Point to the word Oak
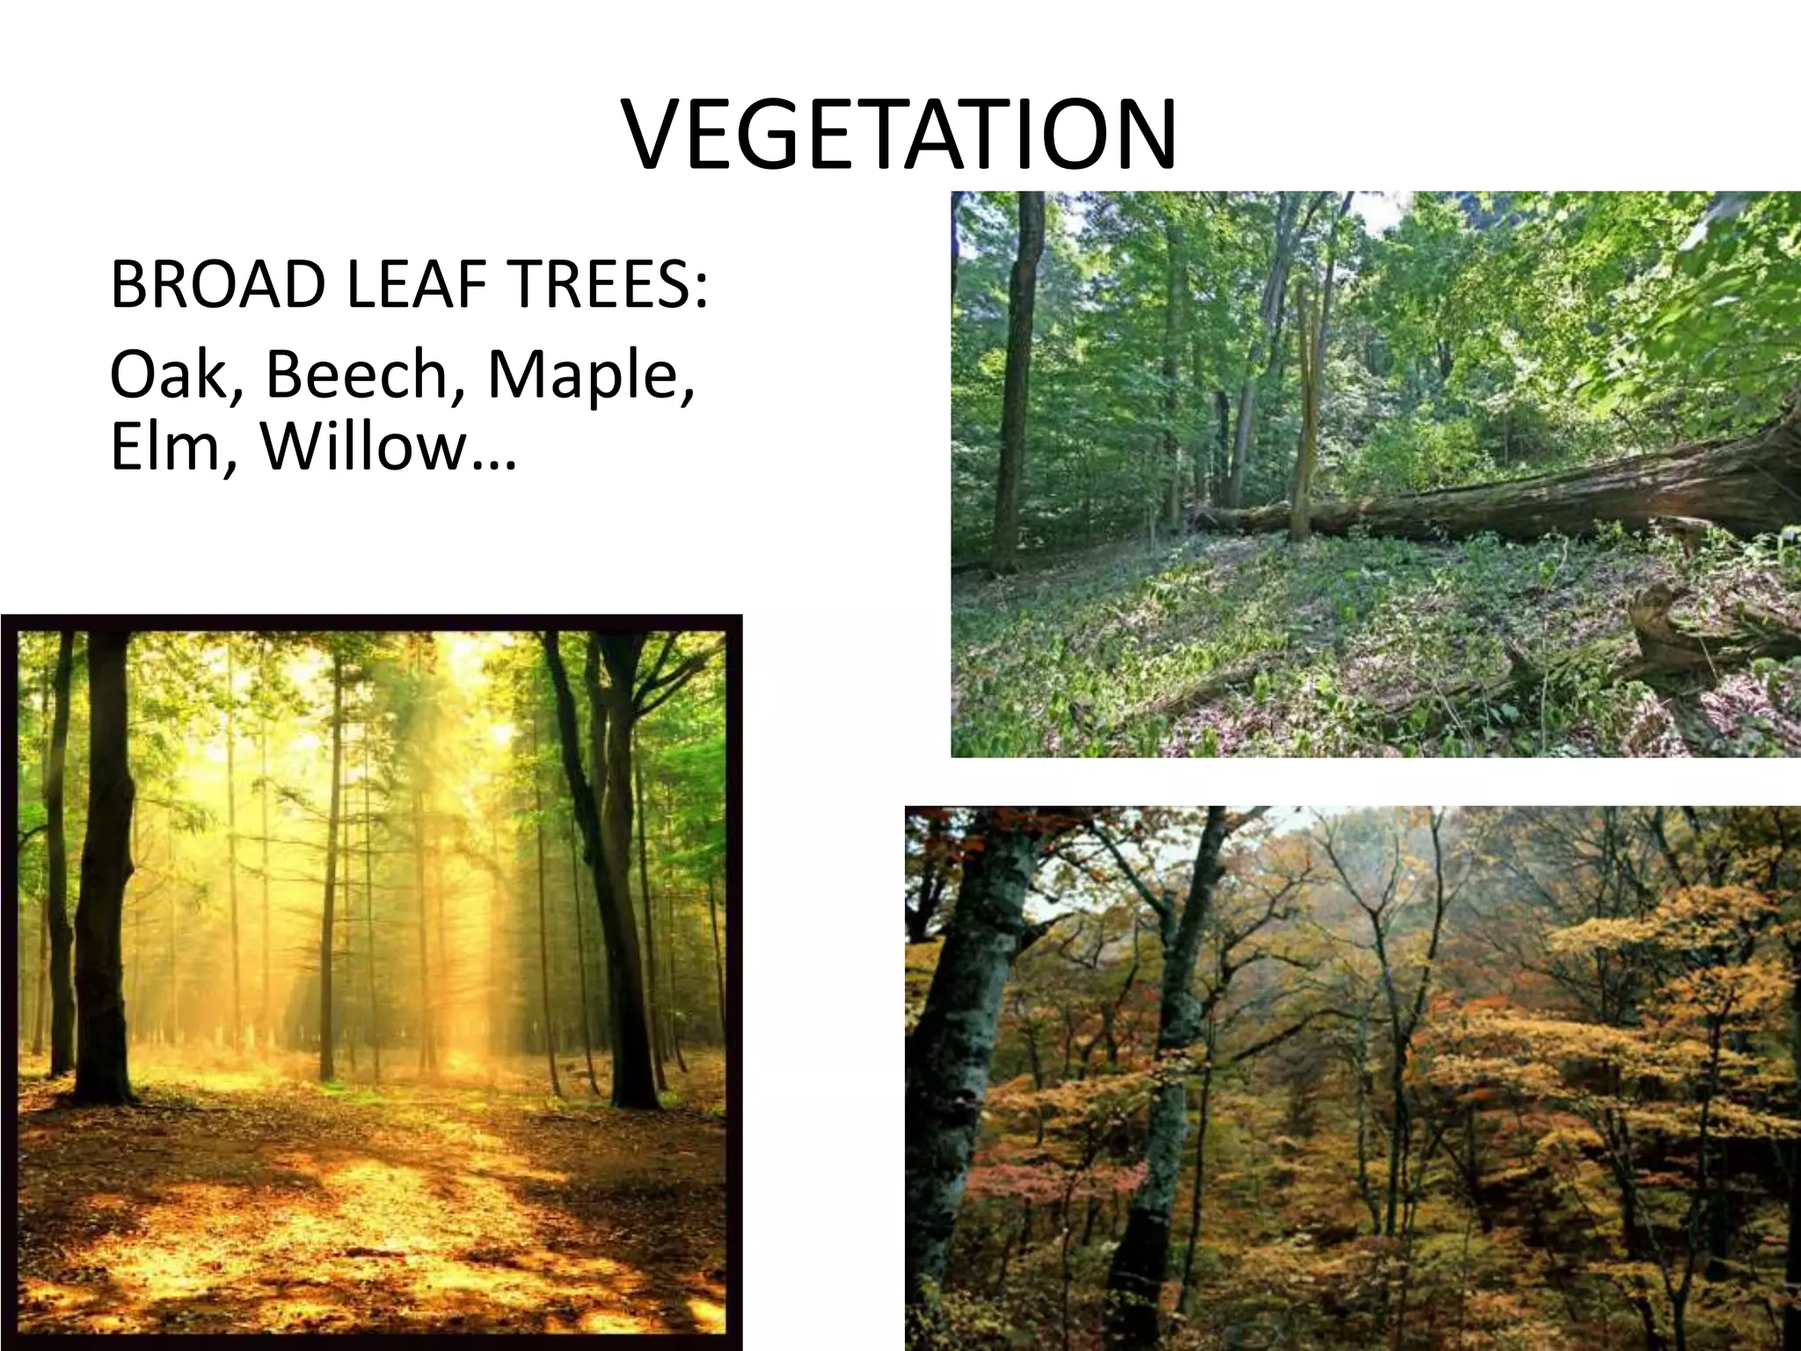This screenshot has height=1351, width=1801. pyautogui.click(x=165, y=374)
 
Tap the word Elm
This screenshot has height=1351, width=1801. pyautogui.click(x=165, y=446)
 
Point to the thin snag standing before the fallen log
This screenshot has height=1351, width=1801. pyautogui.click(x=1303, y=413)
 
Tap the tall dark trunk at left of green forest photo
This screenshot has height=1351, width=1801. pyautogui.click(x=1020, y=378)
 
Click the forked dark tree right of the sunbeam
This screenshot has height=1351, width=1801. pyautogui.click(x=607, y=836)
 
